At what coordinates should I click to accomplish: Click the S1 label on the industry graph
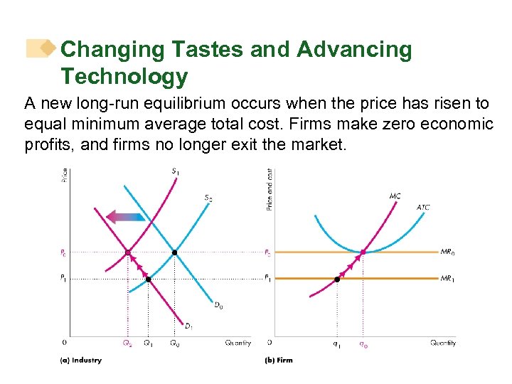pyautogui.click(x=175, y=171)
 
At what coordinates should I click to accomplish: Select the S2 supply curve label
pyautogui.click(x=208, y=197)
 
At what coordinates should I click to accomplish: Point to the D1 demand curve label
pyautogui.click(x=189, y=326)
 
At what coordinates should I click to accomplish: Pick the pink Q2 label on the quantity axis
pyautogui.click(x=127, y=343)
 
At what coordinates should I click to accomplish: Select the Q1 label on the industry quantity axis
pyautogui.click(x=148, y=343)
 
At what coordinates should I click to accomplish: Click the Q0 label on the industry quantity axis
pyautogui.click(x=175, y=343)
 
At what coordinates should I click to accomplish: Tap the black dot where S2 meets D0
pyautogui.click(x=175, y=252)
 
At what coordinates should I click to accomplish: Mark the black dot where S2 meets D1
pyautogui.click(x=148, y=279)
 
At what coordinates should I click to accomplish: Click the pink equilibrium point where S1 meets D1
pyautogui.click(x=127, y=252)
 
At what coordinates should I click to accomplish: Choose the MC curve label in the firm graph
pyautogui.click(x=395, y=196)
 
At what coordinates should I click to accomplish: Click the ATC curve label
pyautogui.click(x=423, y=208)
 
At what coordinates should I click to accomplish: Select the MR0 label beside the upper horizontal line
pyautogui.click(x=448, y=252)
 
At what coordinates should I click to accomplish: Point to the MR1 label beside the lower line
pyautogui.click(x=448, y=279)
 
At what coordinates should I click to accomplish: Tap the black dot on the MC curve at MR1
pyautogui.click(x=337, y=279)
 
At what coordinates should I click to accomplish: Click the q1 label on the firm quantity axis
pyautogui.click(x=337, y=343)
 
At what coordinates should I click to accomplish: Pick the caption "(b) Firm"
pyautogui.click(x=279, y=361)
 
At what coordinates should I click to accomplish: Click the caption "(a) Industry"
pyautogui.click(x=80, y=361)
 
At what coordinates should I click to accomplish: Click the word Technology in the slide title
pyautogui.click(x=124, y=76)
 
